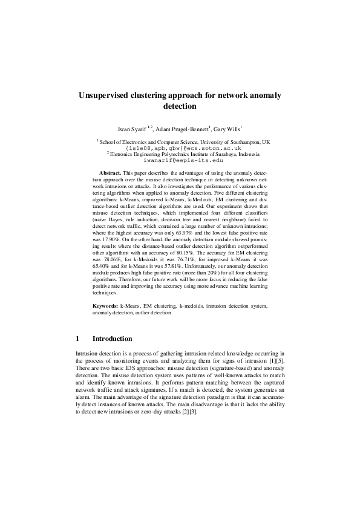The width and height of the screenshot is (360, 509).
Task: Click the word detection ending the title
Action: pos(180,106)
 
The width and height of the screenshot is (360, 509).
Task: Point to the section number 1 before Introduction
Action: pos(77,339)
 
